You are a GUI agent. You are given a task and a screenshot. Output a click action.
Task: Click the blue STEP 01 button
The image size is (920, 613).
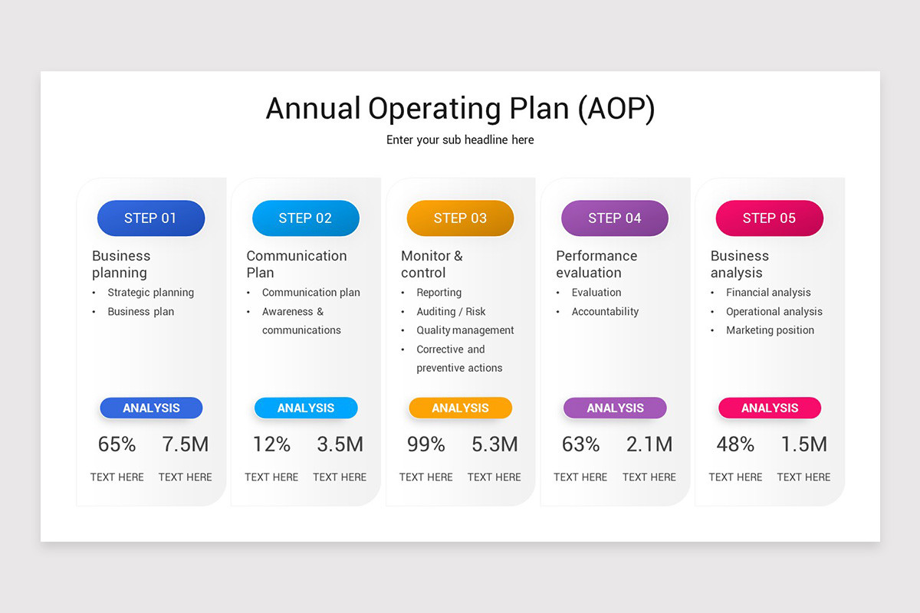pos(151,218)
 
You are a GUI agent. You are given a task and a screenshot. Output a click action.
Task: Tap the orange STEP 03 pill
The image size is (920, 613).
pos(460,218)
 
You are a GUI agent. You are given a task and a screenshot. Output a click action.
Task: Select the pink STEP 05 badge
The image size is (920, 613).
pos(769,218)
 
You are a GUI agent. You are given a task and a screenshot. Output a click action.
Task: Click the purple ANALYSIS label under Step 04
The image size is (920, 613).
pos(615,408)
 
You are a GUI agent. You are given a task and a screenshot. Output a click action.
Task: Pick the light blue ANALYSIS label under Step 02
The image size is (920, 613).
pos(306,408)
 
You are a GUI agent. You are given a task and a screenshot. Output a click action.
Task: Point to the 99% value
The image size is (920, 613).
pos(426,444)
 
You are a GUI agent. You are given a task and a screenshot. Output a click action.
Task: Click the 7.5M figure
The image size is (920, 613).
pos(186,444)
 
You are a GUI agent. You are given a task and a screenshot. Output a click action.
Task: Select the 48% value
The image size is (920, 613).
pos(735,444)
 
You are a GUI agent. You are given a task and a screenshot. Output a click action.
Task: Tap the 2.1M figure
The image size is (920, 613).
pos(649,444)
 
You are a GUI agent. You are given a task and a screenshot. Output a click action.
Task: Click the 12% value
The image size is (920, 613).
pos(271,444)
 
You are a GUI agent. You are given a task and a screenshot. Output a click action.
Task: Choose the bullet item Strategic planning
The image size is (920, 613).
pos(150,293)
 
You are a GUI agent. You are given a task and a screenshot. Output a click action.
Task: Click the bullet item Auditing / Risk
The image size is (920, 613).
pos(451,312)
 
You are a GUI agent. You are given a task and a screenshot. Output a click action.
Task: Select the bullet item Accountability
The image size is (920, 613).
pos(605,312)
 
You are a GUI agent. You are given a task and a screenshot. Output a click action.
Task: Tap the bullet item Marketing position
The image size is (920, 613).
pos(770,330)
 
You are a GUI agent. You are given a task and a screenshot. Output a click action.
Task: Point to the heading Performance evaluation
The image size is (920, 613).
pos(596,264)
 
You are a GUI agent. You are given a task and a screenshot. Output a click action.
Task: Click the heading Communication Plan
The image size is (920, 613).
pos(296,264)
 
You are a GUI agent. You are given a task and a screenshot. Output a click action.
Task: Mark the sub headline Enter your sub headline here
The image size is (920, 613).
pos(460,140)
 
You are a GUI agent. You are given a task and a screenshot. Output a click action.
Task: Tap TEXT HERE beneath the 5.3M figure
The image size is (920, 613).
pos(495,477)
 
